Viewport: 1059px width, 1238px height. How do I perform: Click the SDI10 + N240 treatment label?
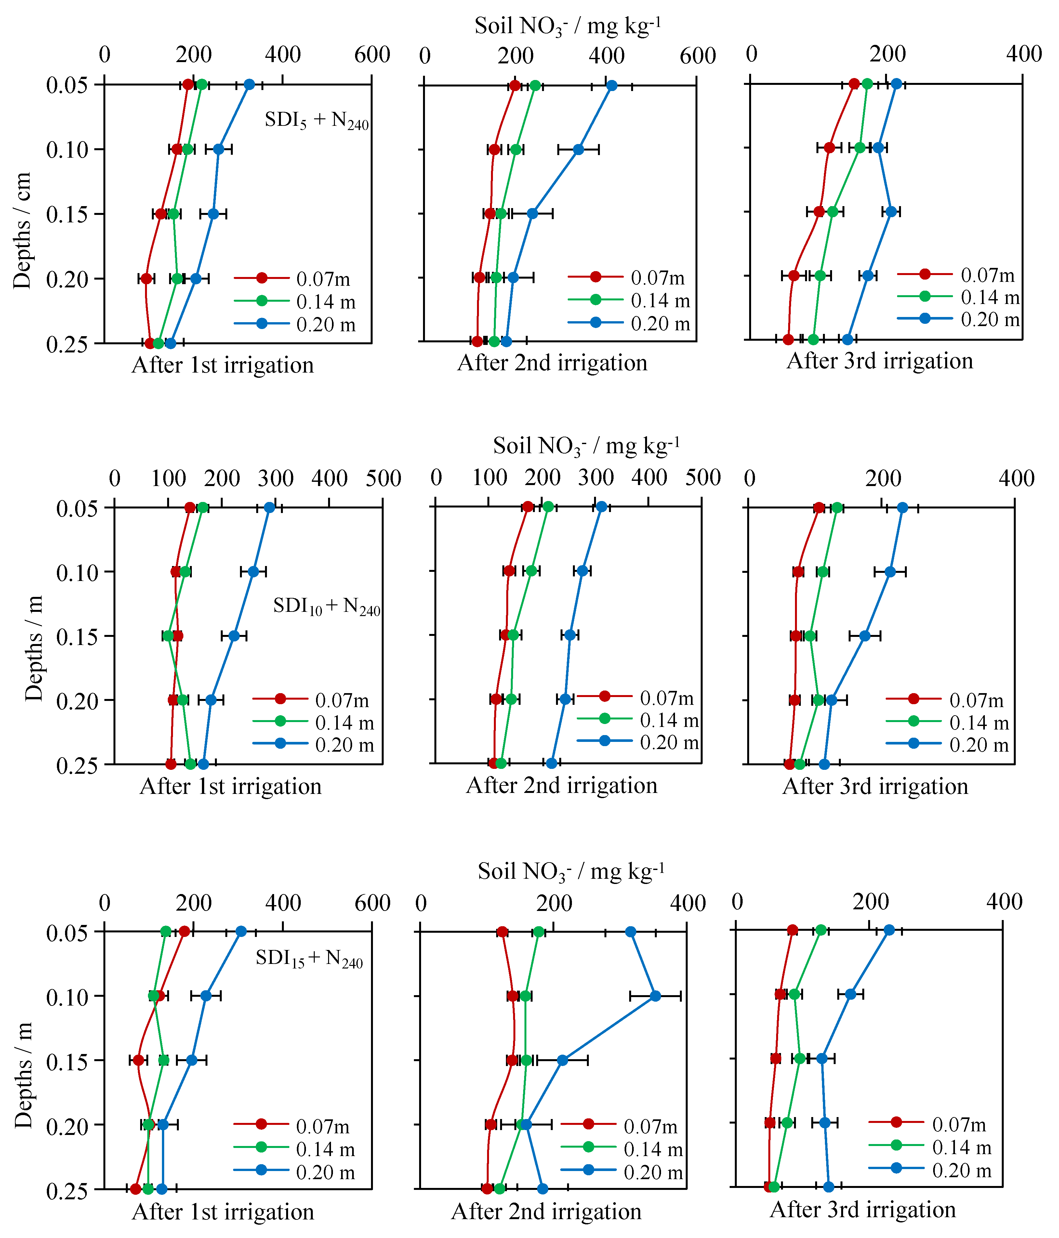point(326,606)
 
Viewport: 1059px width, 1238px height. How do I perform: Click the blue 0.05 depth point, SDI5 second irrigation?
point(611,86)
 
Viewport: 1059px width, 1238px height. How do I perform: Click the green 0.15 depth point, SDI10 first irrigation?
point(168,636)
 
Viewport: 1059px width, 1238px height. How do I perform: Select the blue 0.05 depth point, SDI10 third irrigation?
point(902,508)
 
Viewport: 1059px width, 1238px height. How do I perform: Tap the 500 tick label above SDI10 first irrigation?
point(383,479)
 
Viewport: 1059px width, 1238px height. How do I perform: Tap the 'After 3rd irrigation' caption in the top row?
point(880,361)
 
